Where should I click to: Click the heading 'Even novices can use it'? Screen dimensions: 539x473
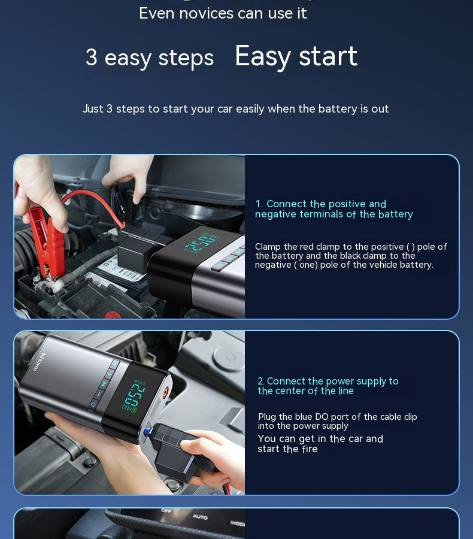pyautogui.click(x=223, y=13)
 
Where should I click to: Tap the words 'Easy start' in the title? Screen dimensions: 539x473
pyautogui.click(x=296, y=56)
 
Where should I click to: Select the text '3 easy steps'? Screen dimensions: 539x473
pyautogui.click(x=149, y=57)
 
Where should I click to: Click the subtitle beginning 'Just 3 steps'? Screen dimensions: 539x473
pyautogui.click(x=236, y=109)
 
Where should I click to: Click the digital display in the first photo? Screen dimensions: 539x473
pyautogui.click(x=201, y=244)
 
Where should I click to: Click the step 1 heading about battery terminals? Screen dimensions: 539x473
pyautogui.click(x=333, y=209)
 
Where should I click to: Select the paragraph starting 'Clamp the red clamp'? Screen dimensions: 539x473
pyautogui.click(x=350, y=256)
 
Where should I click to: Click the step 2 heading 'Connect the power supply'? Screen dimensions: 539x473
pyautogui.click(x=328, y=386)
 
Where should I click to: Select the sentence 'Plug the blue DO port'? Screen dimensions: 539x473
pyautogui.click(x=337, y=421)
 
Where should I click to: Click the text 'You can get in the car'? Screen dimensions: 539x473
pyautogui.click(x=320, y=444)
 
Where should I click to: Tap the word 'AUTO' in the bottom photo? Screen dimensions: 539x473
pyautogui.click(x=200, y=516)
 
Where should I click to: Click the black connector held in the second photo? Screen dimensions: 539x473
pyautogui.click(x=180, y=458)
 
